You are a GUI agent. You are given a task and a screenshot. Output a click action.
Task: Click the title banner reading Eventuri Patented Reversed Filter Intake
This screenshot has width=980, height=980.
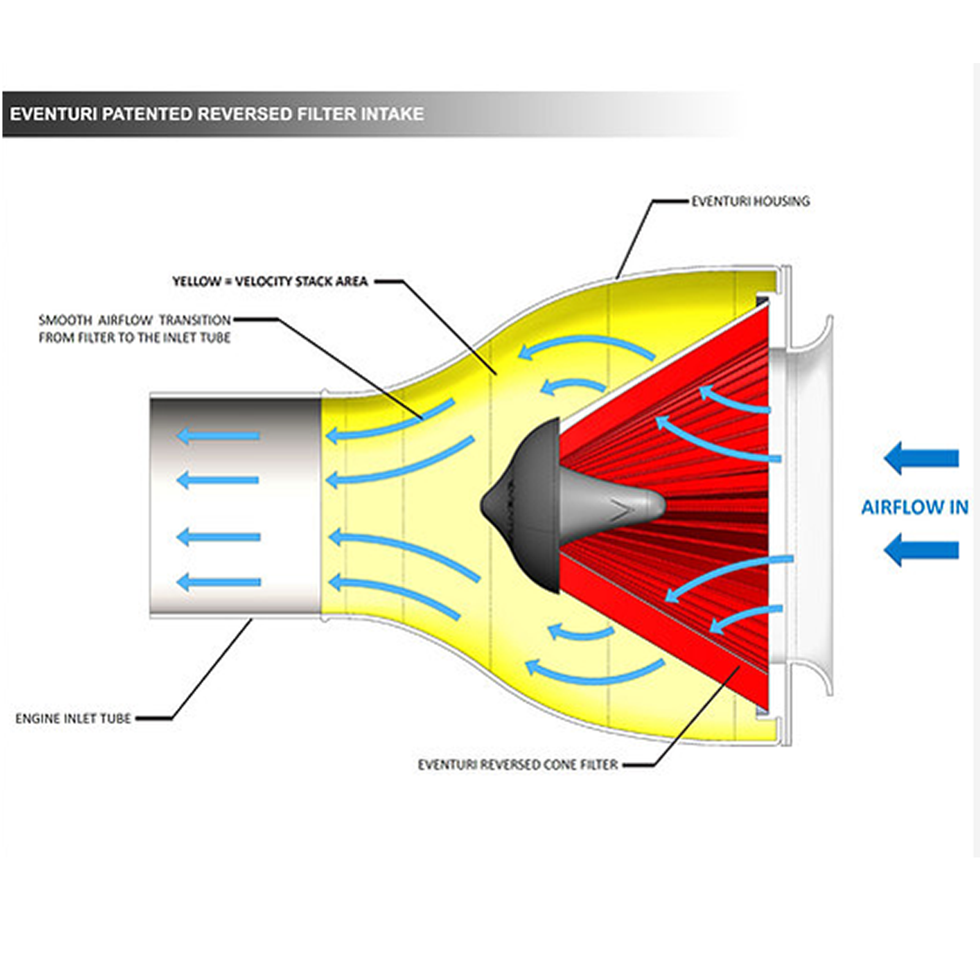click(x=217, y=114)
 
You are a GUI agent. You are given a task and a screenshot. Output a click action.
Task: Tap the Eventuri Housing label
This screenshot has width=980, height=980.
click(x=750, y=201)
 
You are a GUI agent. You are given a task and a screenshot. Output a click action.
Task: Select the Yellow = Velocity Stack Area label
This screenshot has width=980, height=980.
click(x=270, y=282)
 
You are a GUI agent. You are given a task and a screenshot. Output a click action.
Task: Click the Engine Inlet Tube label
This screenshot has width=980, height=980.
click(x=73, y=718)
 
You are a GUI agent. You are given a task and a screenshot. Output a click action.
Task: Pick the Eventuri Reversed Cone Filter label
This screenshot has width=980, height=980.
click(x=518, y=765)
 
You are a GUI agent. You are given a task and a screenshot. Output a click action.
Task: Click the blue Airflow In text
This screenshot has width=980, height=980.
click(x=914, y=507)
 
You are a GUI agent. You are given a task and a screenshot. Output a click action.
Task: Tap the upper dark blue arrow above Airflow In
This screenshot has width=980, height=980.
click(x=921, y=458)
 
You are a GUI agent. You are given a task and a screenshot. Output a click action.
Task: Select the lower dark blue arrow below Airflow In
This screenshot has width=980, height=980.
click(x=921, y=549)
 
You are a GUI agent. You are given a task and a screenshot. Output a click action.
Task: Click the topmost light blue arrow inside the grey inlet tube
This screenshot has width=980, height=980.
click(x=219, y=436)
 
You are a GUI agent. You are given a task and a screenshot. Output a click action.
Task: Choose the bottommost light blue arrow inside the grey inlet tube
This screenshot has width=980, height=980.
click(x=219, y=581)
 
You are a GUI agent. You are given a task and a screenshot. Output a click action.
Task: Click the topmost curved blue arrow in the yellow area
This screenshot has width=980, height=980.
click(x=585, y=350)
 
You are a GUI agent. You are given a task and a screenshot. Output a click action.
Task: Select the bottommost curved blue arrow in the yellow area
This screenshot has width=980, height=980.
click(x=594, y=671)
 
